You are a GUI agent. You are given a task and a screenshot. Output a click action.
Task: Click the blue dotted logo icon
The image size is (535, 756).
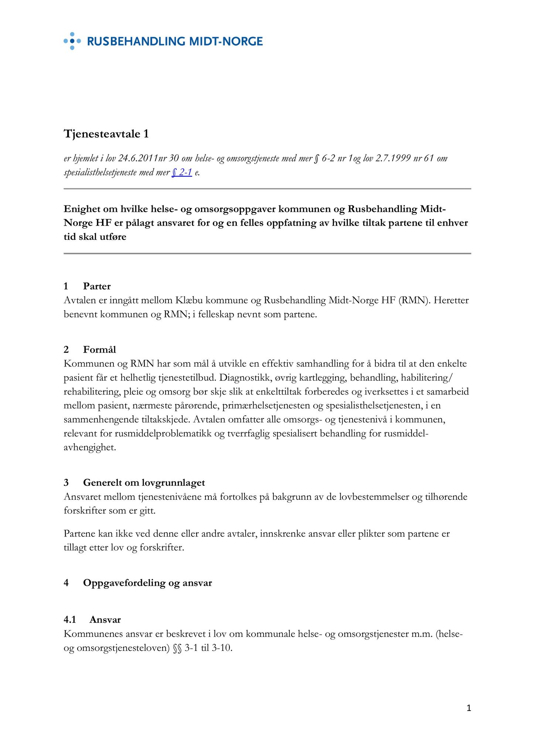pyautogui.click(x=72, y=41)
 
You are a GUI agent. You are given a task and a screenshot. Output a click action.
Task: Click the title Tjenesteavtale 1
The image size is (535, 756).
pyautogui.click(x=106, y=134)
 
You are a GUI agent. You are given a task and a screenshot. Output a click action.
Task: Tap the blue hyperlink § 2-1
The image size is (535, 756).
pyautogui.click(x=182, y=172)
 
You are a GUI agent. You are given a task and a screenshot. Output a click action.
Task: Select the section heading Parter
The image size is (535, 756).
pyautogui.click(x=97, y=286)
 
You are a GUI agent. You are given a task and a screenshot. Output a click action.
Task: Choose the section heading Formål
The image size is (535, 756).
pyautogui.click(x=99, y=349)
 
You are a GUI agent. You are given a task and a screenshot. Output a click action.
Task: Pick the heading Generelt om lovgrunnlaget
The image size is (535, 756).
pyautogui.click(x=144, y=482)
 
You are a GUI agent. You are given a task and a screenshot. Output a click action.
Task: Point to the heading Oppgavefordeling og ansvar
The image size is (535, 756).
pyautogui.click(x=147, y=583)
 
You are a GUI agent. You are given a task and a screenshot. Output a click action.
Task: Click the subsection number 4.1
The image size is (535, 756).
pyautogui.click(x=69, y=619)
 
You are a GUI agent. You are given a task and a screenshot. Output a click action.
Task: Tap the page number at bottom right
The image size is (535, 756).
pyautogui.click(x=469, y=708)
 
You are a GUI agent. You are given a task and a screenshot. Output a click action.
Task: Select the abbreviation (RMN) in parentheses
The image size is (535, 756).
pyautogui.click(x=415, y=300)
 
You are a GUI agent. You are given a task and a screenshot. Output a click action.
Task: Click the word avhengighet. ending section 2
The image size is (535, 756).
pyautogui.click(x=90, y=447)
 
